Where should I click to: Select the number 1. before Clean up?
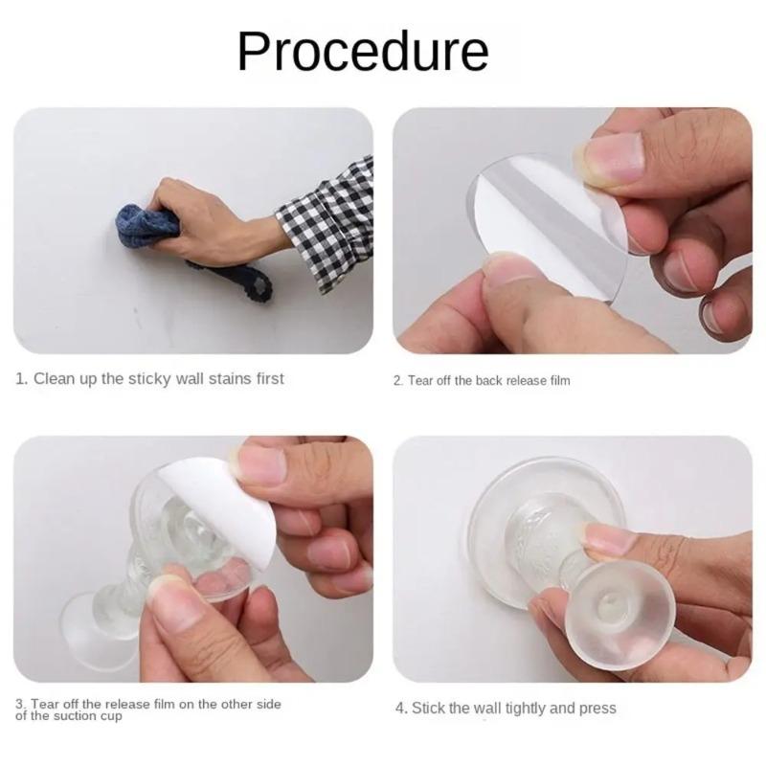point(21,379)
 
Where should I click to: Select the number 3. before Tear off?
point(20,705)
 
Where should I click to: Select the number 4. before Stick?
point(402,709)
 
